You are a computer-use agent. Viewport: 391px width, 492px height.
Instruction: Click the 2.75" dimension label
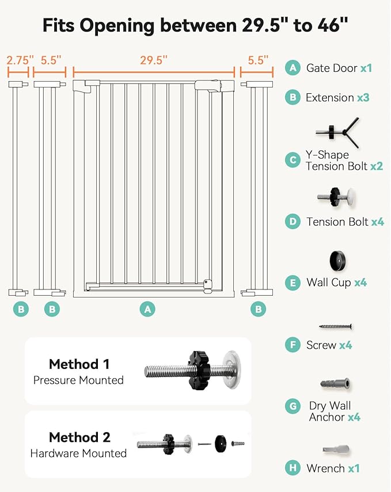[x=20, y=59]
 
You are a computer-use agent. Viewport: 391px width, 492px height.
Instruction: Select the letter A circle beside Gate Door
[x=293, y=68]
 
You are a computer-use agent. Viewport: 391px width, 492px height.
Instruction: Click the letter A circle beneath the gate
[x=148, y=309]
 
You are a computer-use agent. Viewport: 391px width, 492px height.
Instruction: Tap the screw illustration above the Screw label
[x=336, y=327]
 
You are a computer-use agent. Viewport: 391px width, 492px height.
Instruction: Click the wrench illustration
[x=336, y=449]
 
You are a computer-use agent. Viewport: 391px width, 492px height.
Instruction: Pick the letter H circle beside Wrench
[x=293, y=468]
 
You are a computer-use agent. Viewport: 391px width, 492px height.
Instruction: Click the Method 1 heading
[x=79, y=364]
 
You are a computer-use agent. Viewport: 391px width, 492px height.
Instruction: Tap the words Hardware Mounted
[x=78, y=453]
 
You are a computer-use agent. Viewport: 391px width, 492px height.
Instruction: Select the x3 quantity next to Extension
[x=363, y=98]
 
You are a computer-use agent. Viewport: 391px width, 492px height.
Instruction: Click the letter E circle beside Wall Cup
[x=293, y=283]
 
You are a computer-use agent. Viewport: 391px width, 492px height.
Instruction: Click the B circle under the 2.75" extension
[x=21, y=309]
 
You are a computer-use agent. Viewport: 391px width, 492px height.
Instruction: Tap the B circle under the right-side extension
[x=257, y=309]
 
